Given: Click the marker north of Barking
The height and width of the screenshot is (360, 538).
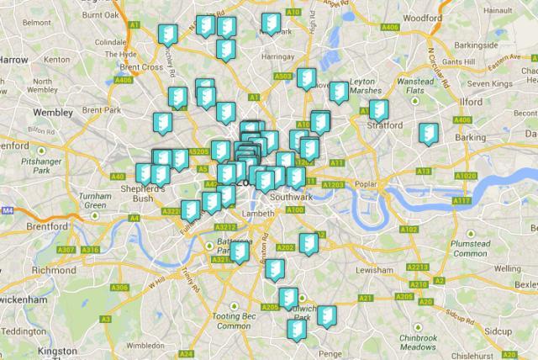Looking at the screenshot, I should tap(427, 133).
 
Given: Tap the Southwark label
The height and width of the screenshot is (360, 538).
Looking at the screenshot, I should tap(292, 196).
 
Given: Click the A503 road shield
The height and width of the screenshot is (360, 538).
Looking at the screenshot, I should tap(284, 77).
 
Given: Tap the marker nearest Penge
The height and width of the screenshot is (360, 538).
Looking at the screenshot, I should tap(297, 328).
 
